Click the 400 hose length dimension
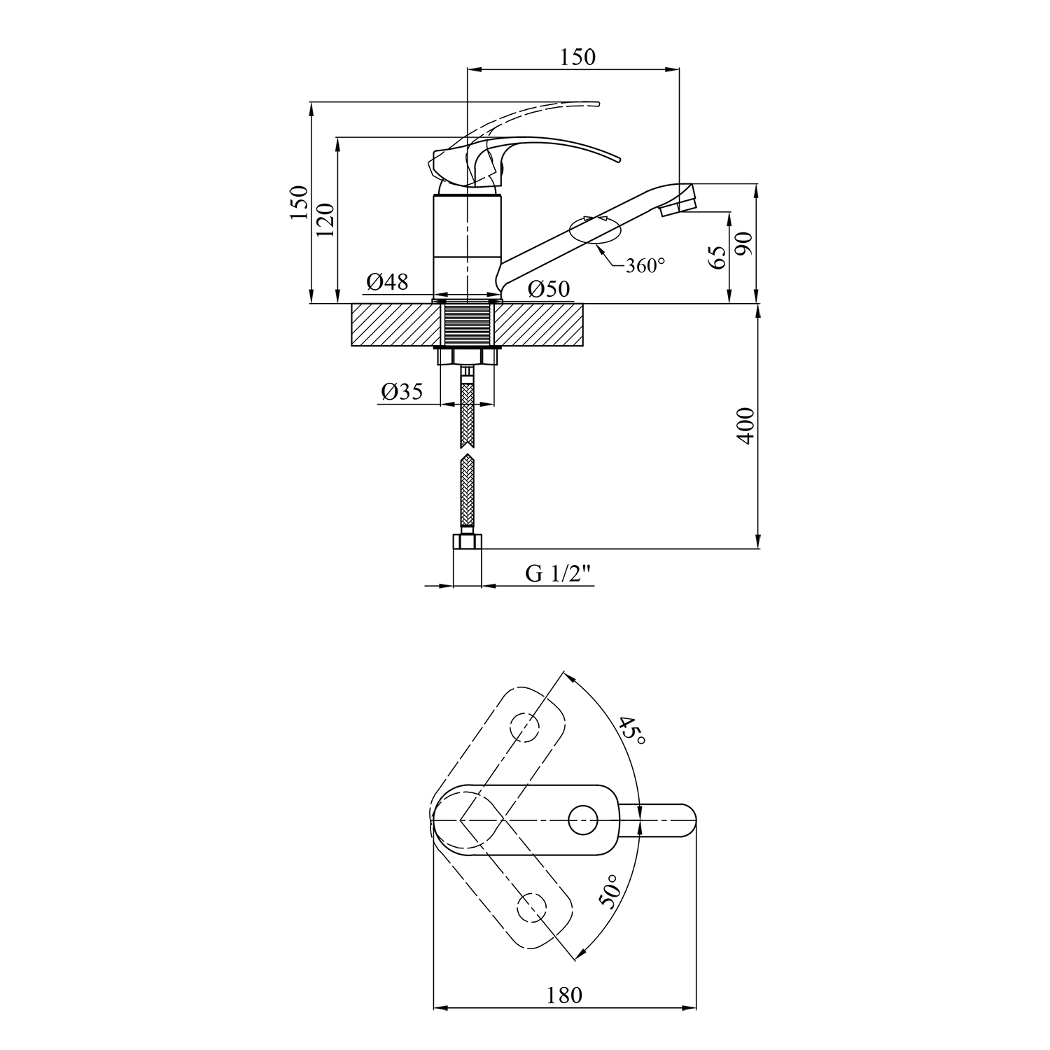coord(746,425)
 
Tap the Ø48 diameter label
coord(387,282)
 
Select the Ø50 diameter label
coord(549,288)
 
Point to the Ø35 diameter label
coord(402,392)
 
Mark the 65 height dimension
coord(716,258)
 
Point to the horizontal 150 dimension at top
coord(577,57)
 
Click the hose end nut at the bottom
coord(468,542)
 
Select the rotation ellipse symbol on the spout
coord(596,230)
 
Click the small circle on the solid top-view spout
coord(582,820)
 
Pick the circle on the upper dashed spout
coord(525,727)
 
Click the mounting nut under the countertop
coord(466,356)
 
